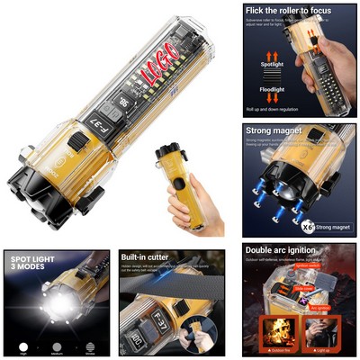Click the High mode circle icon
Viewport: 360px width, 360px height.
coord(22,345)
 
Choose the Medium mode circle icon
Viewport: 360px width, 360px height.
coord(58,345)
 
